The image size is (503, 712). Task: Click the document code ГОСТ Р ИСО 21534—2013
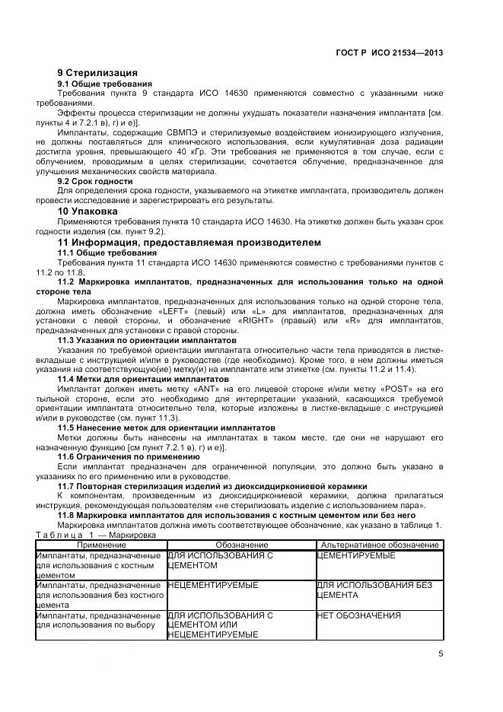tap(389, 53)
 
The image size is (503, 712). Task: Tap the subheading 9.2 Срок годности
tap(95, 181)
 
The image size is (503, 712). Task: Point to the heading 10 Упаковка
tap(88, 211)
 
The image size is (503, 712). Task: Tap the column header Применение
tap(100, 545)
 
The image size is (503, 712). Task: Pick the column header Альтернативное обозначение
tap(379, 545)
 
